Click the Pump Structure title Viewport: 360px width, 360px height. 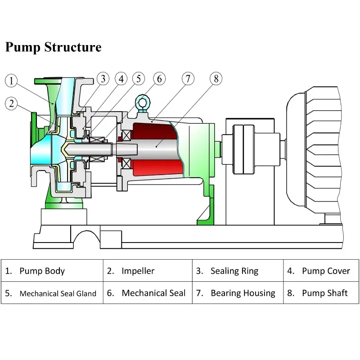point(53,47)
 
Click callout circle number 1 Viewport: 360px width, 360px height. point(12,81)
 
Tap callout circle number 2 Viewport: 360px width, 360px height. point(12,103)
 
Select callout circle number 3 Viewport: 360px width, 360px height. point(103,79)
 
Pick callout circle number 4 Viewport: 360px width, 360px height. point(121,79)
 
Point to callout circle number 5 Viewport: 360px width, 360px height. point(138,79)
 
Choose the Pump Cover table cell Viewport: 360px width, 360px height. point(321,271)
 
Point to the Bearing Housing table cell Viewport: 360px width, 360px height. point(238,293)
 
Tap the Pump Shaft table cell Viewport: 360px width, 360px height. point(321,293)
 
